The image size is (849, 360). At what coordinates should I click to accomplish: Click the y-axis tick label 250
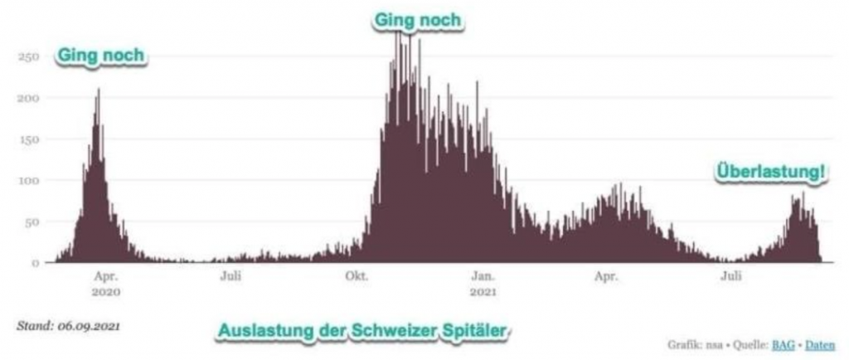(29, 57)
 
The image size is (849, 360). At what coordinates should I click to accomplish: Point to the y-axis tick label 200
(29, 99)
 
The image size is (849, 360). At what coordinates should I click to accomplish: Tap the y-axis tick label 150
(29, 139)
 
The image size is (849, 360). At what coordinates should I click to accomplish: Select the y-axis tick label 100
(29, 181)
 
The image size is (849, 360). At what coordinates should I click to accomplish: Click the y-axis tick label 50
(32, 221)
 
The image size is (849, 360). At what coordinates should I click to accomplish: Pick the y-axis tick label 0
(36, 263)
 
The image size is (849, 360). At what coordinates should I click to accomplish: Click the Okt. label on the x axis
(357, 276)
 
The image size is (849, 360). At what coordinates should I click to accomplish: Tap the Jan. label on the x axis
(483, 276)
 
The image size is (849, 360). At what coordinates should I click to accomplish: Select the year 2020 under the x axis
(105, 292)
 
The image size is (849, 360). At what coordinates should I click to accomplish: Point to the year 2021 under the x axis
(483, 292)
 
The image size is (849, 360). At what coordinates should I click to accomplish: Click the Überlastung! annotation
(770, 173)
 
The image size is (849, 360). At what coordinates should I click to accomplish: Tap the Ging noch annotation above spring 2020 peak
(100, 56)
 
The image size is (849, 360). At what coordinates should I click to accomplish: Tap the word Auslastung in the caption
(260, 331)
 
